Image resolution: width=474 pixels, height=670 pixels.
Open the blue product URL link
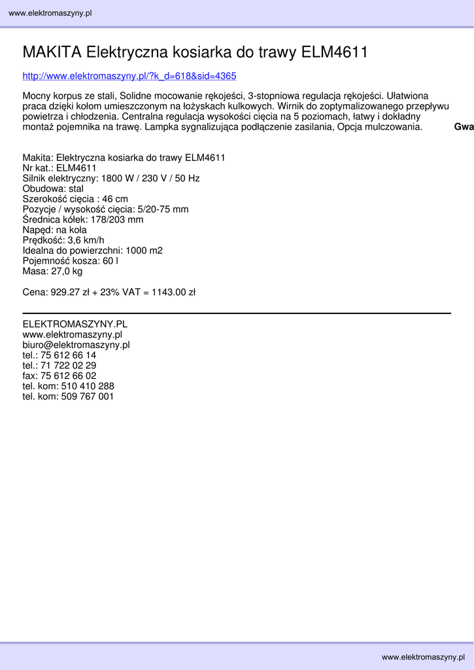[x=129, y=76]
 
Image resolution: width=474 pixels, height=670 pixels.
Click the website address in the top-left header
[x=50, y=13]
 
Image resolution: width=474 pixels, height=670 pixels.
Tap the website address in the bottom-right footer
[x=423, y=656]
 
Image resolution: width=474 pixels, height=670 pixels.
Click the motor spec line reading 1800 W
[x=111, y=179]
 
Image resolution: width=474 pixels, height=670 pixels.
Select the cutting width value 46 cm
[x=115, y=199]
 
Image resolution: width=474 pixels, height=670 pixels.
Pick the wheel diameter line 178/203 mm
[x=82, y=220]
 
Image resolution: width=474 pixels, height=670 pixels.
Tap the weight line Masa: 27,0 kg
[x=52, y=271]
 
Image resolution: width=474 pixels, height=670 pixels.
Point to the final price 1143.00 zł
[x=173, y=292]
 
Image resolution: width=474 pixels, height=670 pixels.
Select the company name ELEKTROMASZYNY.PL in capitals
[x=75, y=324]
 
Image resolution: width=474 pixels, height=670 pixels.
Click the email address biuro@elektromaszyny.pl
[x=76, y=345]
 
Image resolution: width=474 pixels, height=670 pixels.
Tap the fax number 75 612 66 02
[x=68, y=376]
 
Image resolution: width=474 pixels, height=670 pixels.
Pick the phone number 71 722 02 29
[x=68, y=366]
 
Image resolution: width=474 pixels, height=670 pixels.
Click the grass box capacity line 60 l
[x=70, y=261]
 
